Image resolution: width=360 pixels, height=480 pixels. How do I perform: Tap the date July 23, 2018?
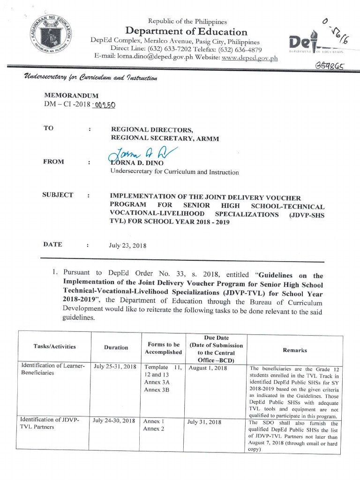click(128, 244)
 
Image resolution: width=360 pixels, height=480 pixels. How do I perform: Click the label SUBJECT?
click(58, 195)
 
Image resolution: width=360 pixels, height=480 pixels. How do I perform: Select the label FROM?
click(53, 162)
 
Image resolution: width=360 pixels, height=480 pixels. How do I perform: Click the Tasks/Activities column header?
click(54, 347)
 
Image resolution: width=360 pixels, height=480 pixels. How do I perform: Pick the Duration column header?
click(116, 347)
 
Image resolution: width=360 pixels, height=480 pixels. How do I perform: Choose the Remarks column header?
click(295, 350)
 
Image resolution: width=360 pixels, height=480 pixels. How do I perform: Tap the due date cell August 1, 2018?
click(208, 368)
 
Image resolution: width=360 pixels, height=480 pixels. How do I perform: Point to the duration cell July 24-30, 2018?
click(115, 421)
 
